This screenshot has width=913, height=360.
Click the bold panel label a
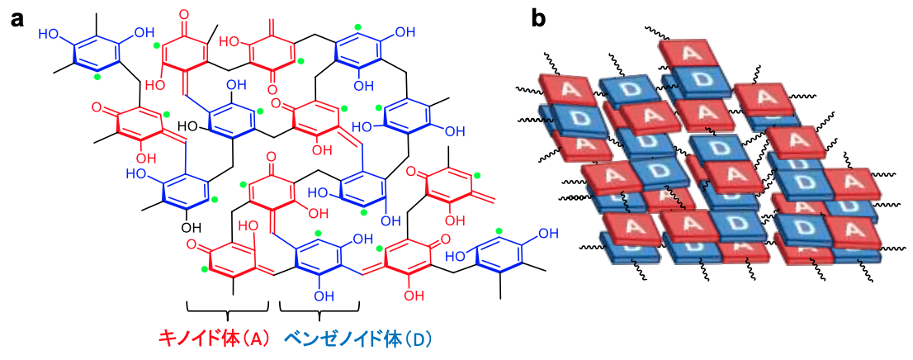[x=19, y=17]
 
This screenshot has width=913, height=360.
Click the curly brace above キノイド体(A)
[x=228, y=310]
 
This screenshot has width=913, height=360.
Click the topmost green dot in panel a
[x=357, y=27]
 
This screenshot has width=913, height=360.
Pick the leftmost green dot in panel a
[x=98, y=78]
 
